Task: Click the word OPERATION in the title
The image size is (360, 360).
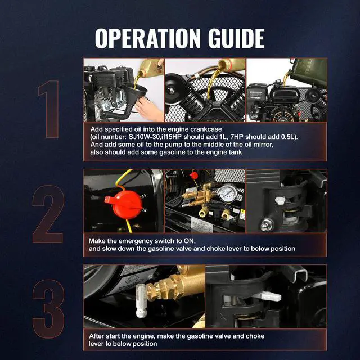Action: [147, 38]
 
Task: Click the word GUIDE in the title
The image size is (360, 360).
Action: [236, 38]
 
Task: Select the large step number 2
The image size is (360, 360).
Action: [48, 214]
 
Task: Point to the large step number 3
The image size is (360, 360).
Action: [48, 309]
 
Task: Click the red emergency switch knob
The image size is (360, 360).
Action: [124, 204]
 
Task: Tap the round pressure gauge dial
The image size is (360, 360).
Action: [228, 193]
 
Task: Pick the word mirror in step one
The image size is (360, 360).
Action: [263, 145]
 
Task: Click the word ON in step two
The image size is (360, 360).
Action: [190, 241]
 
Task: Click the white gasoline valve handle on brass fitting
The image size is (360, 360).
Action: [141, 300]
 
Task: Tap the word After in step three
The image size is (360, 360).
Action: [96, 336]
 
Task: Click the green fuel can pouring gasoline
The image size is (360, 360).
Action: [310, 71]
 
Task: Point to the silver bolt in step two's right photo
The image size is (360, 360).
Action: [267, 224]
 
